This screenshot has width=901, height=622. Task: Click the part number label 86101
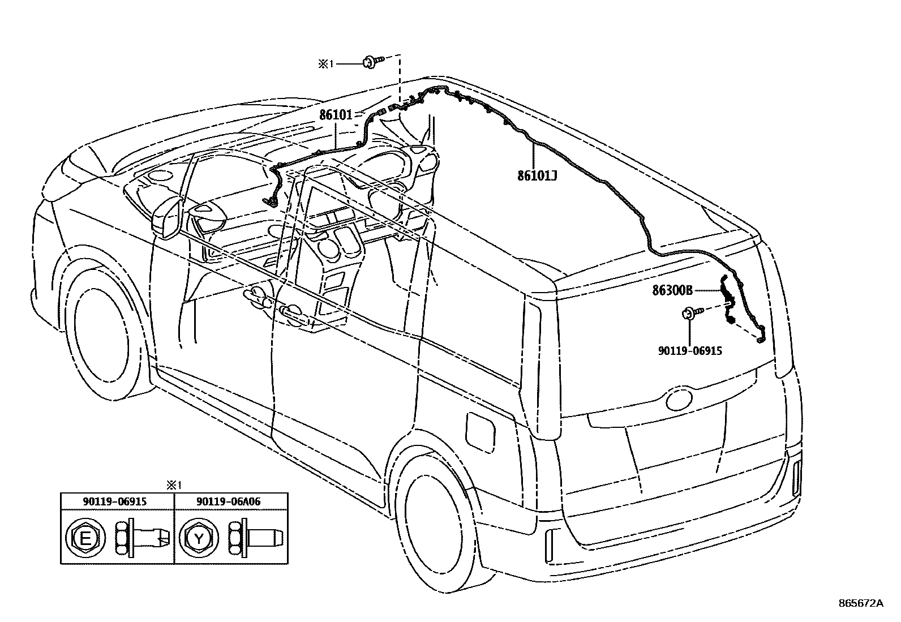pyautogui.click(x=336, y=115)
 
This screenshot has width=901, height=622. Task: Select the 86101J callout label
pyautogui.click(x=537, y=175)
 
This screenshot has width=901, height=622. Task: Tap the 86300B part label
pyautogui.click(x=672, y=290)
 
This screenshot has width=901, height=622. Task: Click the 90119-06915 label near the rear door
pyautogui.click(x=690, y=351)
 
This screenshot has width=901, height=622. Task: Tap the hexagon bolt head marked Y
pyautogui.click(x=199, y=539)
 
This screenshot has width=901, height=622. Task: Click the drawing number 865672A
pyautogui.click(x=861, y=603)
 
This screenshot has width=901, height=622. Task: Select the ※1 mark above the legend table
pyautogui.click(x=173, y=485)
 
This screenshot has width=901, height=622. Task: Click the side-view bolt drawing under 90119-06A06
pyautogui.click(x=255, y=539)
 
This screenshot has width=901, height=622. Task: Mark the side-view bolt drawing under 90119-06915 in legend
pyautogui.click(x=142, y=539)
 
